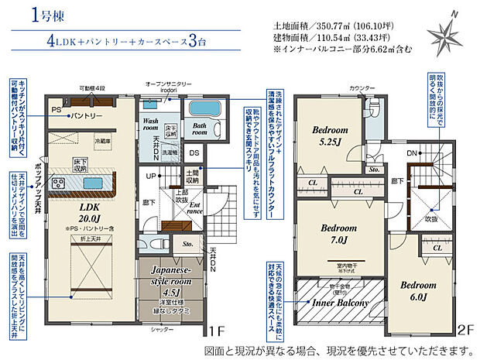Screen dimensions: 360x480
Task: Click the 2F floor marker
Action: (465, 330)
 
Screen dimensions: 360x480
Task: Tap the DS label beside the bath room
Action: (194, 153)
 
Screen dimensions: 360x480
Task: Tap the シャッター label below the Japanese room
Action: (163, 330)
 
